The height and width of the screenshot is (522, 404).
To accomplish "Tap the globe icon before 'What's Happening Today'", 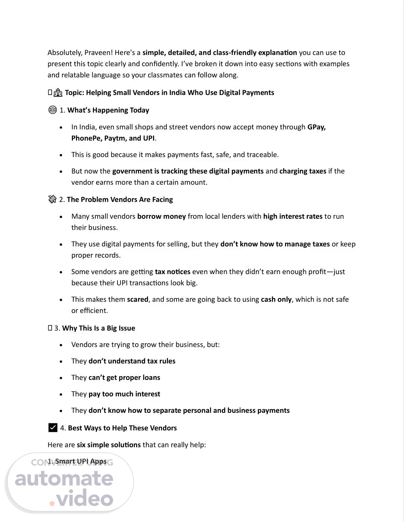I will click(52, 110).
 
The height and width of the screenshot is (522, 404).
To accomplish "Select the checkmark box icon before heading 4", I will click(53, 427).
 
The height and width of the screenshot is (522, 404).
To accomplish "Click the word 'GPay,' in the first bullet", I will click(316, 127).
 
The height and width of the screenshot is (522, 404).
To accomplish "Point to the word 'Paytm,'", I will click(115, 138).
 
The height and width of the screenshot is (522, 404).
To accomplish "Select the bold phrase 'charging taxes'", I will click(303, 171).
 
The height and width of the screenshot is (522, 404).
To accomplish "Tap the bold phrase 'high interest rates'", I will click(293, 217).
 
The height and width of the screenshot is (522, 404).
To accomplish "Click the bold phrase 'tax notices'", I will click(172, 272).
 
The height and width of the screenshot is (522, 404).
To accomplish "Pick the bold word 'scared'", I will click(137, 300).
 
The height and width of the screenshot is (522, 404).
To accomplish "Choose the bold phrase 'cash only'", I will click(276, 300).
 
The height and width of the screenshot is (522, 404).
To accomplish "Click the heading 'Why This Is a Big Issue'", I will click(98, 328).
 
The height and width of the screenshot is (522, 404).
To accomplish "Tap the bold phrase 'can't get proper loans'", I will click(124, 378).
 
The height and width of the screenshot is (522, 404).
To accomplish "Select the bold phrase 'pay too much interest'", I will click(124, 394).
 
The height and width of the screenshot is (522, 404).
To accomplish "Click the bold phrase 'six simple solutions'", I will click(108, 445).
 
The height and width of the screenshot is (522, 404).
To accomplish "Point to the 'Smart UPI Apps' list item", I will click(80, 461).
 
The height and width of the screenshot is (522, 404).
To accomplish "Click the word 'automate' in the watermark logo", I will click(64, 479).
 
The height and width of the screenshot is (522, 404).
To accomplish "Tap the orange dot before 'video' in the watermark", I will click(52, 503).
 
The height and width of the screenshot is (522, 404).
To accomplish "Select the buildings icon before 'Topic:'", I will click(58, 93).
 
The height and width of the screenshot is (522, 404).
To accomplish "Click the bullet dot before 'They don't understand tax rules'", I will click(61, 362).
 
